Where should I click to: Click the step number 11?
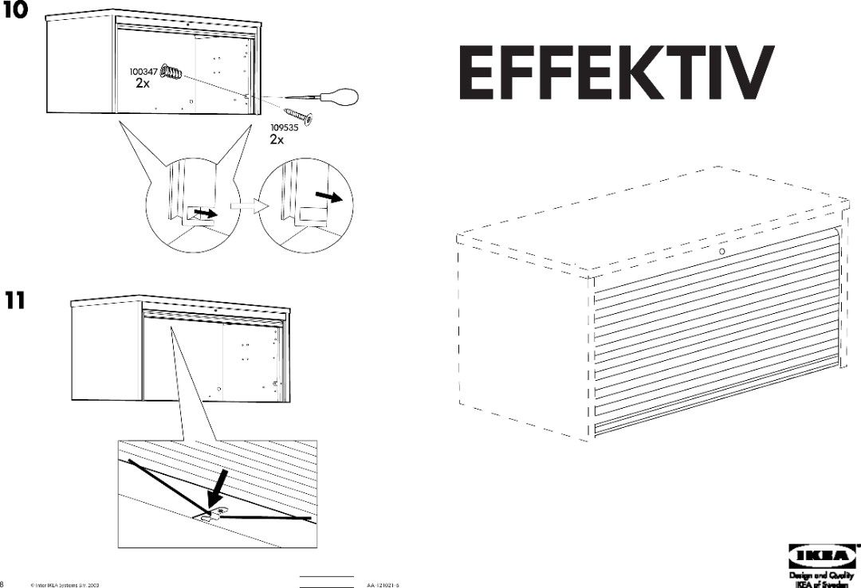(x=14, y=300)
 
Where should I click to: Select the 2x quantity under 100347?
(x=142, y=84)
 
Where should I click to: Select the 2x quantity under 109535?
(x=277, y=139)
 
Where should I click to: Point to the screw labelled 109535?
(x=297, y=115)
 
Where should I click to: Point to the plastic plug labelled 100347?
(x=171, y=73)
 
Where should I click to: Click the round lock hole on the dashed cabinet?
(x=721, y=252)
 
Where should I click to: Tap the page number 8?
(x=2, y=583)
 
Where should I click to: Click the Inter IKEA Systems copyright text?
(x=64, y=584)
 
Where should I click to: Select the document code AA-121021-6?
(x=383, y=584)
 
